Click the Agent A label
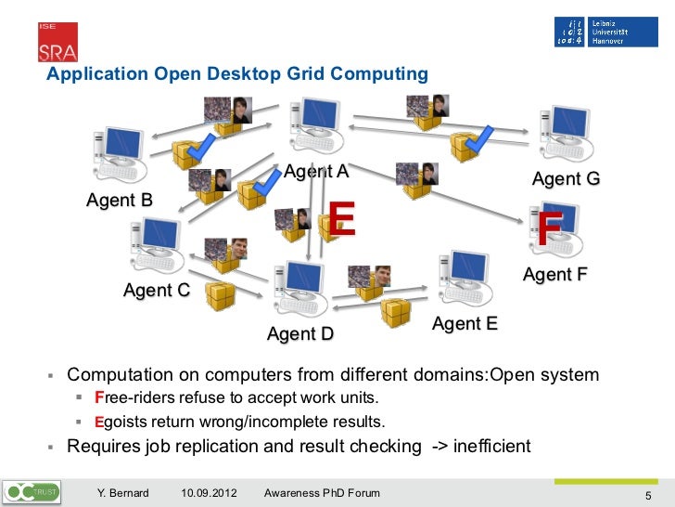point(316,172)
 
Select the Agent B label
point(119,200)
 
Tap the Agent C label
point(157,291)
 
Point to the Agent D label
point(299,333)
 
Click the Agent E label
point(465,324)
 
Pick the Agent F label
point(555,275)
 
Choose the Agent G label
point(566,178)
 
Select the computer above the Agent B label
point(117,153)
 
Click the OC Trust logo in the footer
point(33,490)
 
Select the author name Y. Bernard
point(123,492)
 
